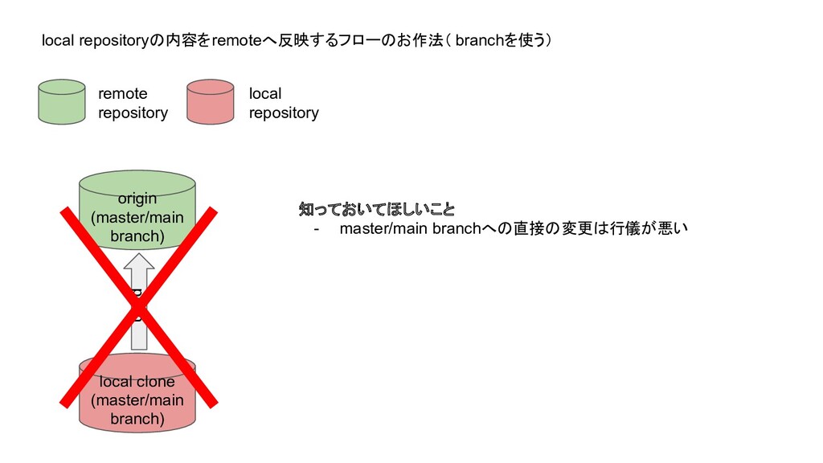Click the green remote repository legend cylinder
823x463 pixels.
61,102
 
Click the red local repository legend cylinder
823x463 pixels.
211,102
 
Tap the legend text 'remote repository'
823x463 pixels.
133,103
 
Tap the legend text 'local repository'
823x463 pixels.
283,103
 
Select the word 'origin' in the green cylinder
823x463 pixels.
137,199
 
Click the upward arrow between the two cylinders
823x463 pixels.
140,301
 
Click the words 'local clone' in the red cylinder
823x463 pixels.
137,381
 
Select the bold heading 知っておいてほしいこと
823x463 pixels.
376,211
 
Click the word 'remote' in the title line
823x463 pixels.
231,41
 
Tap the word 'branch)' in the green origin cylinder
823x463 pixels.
137,237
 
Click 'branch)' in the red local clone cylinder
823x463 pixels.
137,419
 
